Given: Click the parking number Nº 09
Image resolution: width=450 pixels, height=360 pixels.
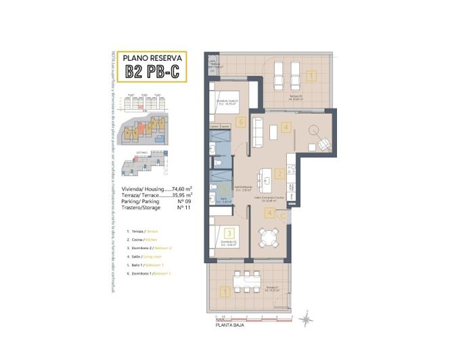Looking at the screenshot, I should point(181,202).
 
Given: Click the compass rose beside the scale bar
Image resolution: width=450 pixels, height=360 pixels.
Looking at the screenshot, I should point(307,315).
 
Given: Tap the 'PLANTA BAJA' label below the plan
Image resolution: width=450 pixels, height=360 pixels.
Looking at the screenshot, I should point(231,325).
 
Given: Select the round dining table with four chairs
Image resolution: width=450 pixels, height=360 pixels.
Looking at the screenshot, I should point(271,237).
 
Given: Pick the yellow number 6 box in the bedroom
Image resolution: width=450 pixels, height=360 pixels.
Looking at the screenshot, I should point(241,122).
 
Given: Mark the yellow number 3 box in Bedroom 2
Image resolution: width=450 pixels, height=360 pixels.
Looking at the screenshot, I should point(230,233).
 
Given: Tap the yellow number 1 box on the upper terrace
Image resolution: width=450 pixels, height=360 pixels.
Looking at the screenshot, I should point(310,76).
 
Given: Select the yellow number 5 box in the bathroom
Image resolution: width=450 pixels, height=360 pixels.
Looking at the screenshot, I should point(224,192).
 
